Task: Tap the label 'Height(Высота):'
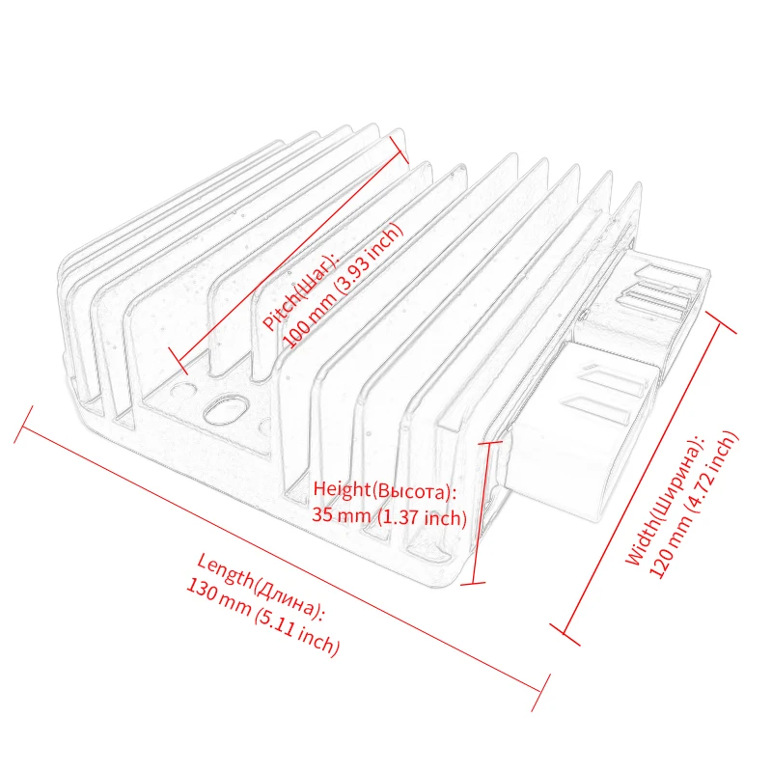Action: (x=384, y=491)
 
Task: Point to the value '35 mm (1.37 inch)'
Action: (x=389, y=517)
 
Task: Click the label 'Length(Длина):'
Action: (x=261, y=588)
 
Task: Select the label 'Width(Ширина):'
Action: (x=666, y=499)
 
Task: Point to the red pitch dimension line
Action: (x=287, y=253)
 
